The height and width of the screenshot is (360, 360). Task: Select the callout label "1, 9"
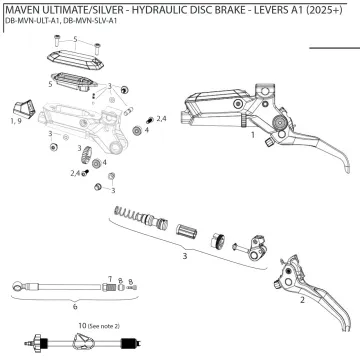[x=14, y=120]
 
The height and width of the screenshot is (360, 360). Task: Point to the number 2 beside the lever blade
[x=301, y=299]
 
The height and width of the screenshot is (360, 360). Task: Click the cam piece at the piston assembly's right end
[x=257, y=241]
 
